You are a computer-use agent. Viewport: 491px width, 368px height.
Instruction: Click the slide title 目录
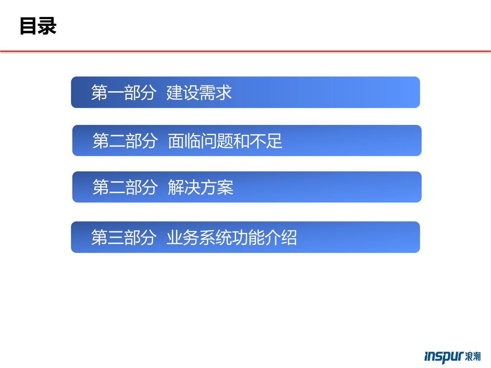coord(38,26)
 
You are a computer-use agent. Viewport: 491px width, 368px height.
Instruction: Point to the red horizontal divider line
coord(245,51)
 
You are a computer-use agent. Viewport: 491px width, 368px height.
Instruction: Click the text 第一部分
coord(124,93)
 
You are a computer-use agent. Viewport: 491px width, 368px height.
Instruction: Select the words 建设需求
coord(199,93)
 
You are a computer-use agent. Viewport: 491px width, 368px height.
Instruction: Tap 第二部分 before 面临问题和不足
coord(125,141)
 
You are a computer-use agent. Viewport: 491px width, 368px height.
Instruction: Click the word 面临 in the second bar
coord(184,141)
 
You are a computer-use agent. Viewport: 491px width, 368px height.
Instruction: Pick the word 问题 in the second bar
coord(217,141)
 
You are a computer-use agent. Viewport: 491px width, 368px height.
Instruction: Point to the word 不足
coord(266,141)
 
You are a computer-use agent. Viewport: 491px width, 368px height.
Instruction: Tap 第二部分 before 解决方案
coord(125,187)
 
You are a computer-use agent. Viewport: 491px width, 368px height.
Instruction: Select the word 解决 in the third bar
coord(184,187)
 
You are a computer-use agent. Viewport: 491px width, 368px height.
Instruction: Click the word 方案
coord(217,187)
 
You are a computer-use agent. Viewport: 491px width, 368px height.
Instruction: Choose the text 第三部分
coord(124,237)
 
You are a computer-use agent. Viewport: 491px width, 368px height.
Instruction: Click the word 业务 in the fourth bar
coord(183,237)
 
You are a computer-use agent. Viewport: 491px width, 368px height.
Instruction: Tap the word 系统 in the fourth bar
coord(215,237)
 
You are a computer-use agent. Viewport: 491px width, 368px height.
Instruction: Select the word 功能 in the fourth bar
coord(248,237)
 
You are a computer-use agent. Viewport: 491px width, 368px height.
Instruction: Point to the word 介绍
coord(281,237)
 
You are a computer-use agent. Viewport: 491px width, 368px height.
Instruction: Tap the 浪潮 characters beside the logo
coord(473,356)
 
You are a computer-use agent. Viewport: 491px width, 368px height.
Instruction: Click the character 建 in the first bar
coord(175,93)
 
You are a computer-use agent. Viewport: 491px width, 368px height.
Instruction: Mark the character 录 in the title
coord(47,26)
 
